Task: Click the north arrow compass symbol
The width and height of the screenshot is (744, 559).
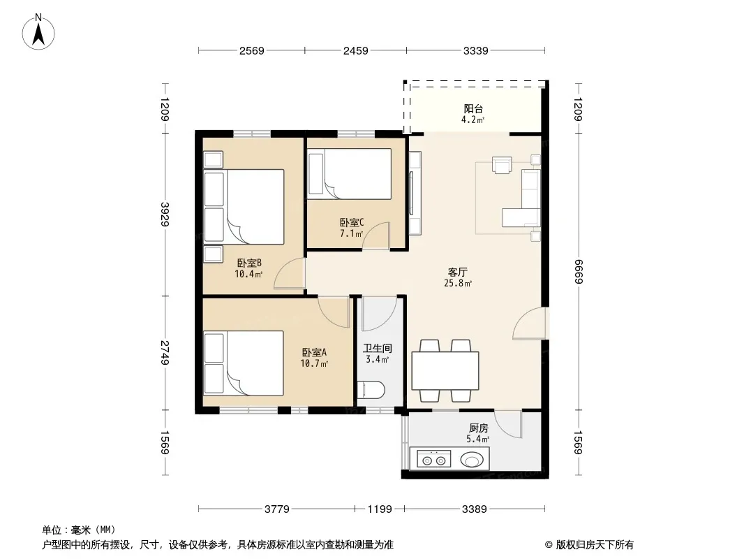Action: click(38, 32)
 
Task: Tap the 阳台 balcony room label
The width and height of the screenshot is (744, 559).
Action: click(473, 109)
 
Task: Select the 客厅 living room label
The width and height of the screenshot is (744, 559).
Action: click(457, 272)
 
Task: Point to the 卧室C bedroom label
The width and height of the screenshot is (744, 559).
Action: click(352, 222)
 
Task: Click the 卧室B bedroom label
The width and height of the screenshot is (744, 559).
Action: click(249, 263)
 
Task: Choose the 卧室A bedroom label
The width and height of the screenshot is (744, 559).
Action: click(314, 352)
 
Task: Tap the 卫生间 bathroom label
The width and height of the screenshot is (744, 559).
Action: click(378, 348)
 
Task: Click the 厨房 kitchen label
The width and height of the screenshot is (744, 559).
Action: click(478, 428)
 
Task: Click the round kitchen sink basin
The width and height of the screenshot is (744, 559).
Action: click(472, 460)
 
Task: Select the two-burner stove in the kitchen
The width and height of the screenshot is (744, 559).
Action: click(433, 460)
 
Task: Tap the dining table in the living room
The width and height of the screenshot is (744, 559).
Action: click(445, 370)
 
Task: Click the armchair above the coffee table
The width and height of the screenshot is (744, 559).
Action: click(502, 165)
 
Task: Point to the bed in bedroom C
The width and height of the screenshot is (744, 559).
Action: click(350, 174)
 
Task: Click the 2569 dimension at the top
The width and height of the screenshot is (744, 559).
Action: click(251, 50)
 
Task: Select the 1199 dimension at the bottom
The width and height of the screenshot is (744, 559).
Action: click(380, 509)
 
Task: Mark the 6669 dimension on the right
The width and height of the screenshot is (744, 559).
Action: click(578, 272)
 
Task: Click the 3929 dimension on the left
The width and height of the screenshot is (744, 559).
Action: click(165, 215)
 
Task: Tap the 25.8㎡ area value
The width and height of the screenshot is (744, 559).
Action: click(458, 284)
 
